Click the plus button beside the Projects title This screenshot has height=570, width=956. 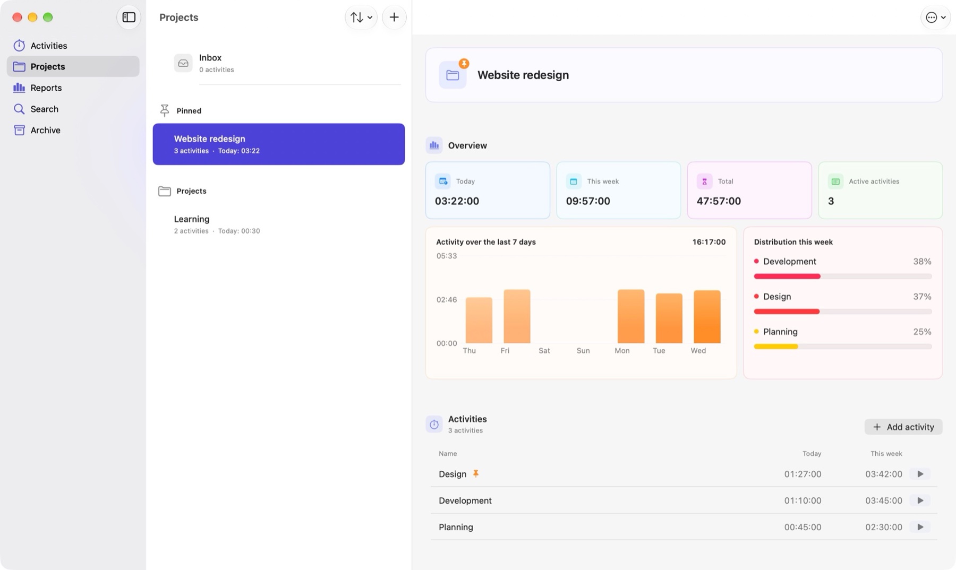pyautogui.click(x=394, y=18)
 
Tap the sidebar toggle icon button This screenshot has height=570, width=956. pyautogui.click(x=129, y=18)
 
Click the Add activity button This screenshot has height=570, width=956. pyautogui.click(x=903, y=427)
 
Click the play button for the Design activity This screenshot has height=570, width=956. pyautogui.click(x=920, y=474)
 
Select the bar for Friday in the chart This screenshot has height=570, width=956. pyautogui.click(x=517, y=316)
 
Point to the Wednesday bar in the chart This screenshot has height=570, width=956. pyautogui.click(x=707, y=317)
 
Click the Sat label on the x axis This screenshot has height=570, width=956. pyautogui.click(x=544, y=351)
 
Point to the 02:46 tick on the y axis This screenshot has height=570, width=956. pyautogui.click(x=447, y=300)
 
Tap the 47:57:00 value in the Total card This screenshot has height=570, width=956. pyautogui.click(x=719, y=201)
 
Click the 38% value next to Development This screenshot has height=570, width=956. pyautogui.click(x=922, y=262)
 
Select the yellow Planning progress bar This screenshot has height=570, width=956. pyautogui.click(x=776, y=347)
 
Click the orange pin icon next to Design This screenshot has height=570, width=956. pyautogui.click(x=476, y=473)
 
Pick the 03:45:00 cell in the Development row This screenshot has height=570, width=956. pyautogui.click(x=884, y=500)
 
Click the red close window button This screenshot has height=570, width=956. pyautogui.click(x=17, y=18)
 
